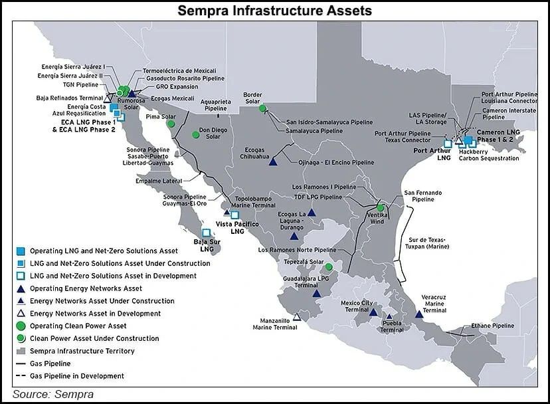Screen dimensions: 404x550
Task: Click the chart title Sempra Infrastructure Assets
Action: [x=274, y=11]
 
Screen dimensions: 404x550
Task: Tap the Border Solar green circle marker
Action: [x=263, y=108]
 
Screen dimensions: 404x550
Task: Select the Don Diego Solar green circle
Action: [x=196, y=135]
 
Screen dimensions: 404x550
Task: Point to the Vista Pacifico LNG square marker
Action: [x=234, y=215]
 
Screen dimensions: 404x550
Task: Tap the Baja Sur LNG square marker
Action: [x=206, y=233]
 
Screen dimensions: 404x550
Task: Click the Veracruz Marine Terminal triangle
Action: [x=418, y=314]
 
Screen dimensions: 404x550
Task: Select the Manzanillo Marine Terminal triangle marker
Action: [x=296, y=317]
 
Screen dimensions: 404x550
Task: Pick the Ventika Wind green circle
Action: [x=380, y=208]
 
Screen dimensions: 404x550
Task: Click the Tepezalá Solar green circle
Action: [x=328, y=267]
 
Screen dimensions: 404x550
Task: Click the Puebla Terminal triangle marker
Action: [x=389, y=318]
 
